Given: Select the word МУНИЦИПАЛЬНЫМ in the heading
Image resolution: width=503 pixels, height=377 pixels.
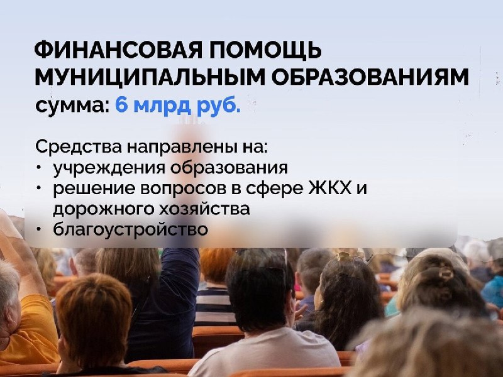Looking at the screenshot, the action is pos(150,77).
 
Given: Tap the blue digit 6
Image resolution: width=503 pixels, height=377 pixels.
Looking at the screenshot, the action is pos(121,104).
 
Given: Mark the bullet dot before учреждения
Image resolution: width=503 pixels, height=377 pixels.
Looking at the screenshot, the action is pos(39,167).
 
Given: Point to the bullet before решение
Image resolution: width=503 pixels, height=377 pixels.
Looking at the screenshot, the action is pos(39,188).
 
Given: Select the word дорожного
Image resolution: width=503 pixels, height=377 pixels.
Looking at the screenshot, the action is pos(104,210).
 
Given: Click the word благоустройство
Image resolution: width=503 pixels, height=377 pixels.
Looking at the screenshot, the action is pos(131,230).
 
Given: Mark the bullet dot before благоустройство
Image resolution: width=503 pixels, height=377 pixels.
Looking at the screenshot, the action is pos(39,229).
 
